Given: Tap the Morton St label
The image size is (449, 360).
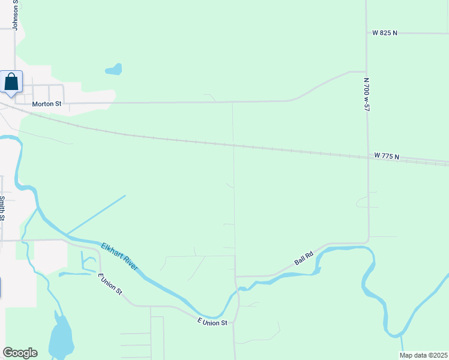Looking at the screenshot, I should point(47,104).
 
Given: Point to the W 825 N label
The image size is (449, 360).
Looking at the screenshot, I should point(385,33).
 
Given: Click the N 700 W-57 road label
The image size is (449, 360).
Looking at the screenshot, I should point(365,94).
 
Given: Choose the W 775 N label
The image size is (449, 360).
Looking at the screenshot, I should point(387,156).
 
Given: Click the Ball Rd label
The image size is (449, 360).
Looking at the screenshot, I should point(304,259).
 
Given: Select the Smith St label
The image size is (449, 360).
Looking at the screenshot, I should point(3,208).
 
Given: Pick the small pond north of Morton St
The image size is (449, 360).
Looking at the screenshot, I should point(114,70).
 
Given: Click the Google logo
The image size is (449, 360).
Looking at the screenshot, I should point(20,353).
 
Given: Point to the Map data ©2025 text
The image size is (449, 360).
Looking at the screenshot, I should point(424,355).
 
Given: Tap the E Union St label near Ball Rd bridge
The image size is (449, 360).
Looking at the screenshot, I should point(212,323).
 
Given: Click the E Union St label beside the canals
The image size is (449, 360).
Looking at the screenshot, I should point(110,284).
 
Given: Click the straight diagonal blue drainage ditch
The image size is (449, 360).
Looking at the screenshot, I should point(96,214).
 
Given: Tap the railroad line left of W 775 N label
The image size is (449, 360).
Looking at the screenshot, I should point(240,146).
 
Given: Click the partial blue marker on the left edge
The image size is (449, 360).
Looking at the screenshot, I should point(1,287).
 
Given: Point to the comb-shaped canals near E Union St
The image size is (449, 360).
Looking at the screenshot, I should point(84,265).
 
